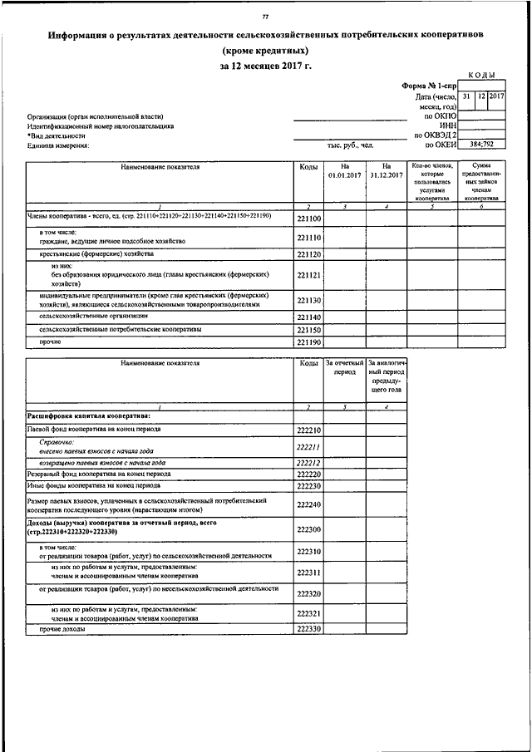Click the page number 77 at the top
coord(265,16)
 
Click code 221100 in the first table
coord(308,219)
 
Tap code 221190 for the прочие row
coord(308,342)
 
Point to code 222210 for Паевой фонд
coord(308,430)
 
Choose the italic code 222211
coord(308,447)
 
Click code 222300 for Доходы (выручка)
coord(308,529)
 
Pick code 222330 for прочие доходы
coord(308,630)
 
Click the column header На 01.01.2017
coord(342,171)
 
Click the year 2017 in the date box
coord(497,97)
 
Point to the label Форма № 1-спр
coord(430,86)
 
